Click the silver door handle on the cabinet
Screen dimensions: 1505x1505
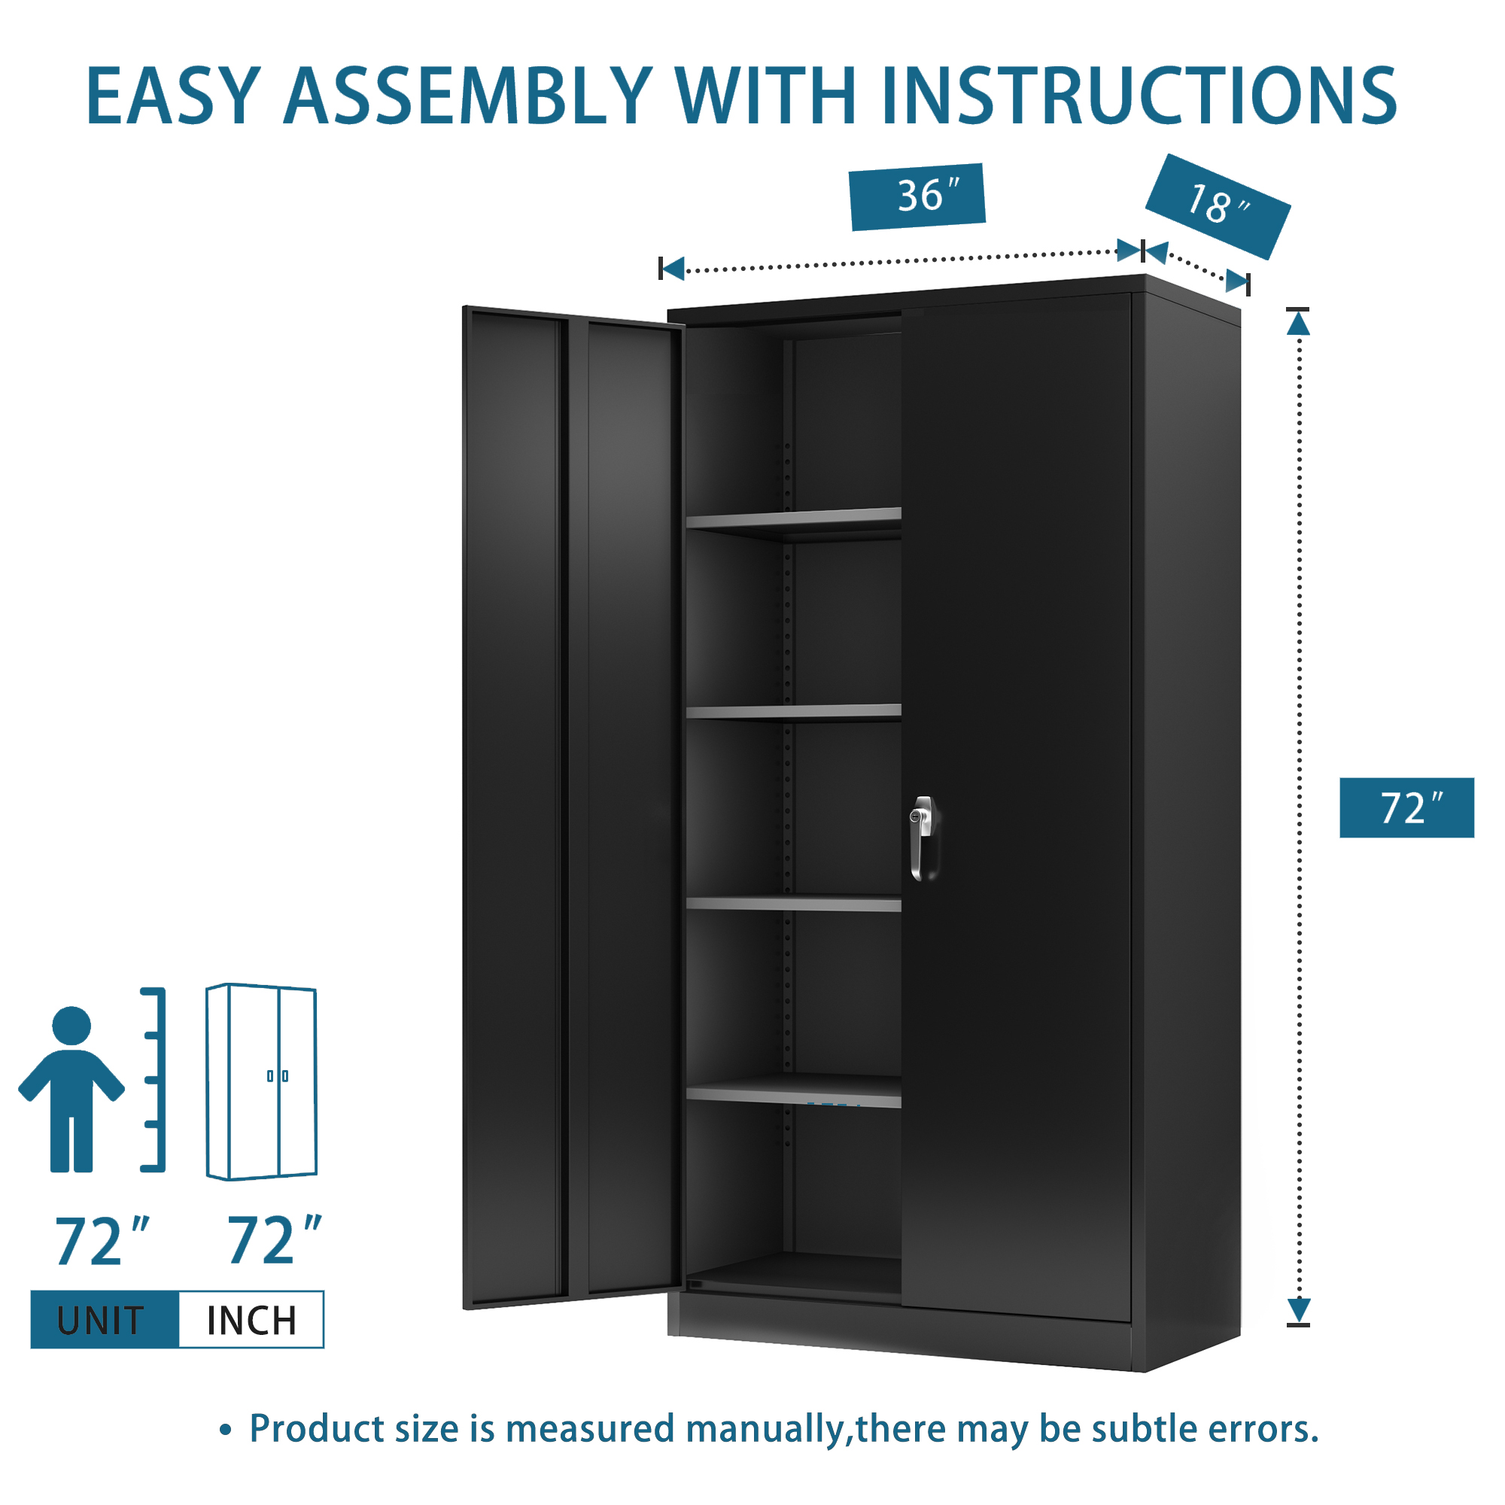923,838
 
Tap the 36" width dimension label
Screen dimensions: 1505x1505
917,196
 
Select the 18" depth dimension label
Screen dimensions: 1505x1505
1218,206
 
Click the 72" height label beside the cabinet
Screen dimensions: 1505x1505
1407,807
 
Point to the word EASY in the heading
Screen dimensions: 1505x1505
173,96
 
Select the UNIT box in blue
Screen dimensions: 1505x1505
105,1321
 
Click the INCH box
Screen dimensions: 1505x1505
251,1321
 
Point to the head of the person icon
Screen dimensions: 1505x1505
71,1026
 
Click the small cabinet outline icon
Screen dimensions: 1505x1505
262,1082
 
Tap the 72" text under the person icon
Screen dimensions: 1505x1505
102,1242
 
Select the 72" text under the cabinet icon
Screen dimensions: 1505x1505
274,1240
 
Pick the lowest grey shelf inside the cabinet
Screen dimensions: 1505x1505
794,1090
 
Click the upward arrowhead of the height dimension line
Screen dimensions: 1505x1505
1299,323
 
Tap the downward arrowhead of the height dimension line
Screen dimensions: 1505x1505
1299,1311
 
